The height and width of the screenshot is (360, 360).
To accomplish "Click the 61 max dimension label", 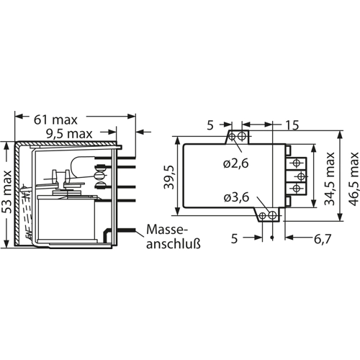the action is click(x=55, y=120).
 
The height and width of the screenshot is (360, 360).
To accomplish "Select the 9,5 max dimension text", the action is click(x=69, y=134).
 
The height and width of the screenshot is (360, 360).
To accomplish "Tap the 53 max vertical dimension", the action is click(x=8, y=192).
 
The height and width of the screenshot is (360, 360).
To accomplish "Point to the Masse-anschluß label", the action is click(x=174, y=237).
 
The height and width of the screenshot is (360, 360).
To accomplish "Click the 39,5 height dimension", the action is click(x=169, y=177).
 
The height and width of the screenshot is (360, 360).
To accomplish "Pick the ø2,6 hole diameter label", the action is click(x=235, y=164).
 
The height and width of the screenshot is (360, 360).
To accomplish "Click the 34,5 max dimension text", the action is click(x=329, y=179).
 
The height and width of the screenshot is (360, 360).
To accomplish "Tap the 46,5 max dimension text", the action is click(x=354, y=179).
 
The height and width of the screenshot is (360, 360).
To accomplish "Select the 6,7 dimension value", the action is click(x=323, y=238).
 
